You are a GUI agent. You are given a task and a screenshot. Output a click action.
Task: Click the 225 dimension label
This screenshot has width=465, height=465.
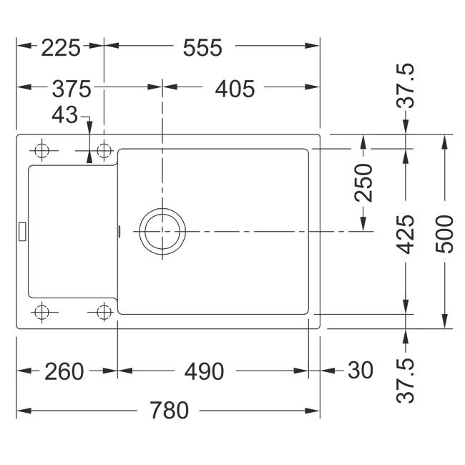point(61,48)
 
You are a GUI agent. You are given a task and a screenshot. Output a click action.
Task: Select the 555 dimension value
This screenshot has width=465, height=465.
point(202,48)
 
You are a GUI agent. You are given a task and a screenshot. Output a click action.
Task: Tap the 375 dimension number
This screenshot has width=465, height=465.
point(72,89)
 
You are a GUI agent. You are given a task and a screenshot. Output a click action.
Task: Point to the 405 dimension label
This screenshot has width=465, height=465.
point(235,89)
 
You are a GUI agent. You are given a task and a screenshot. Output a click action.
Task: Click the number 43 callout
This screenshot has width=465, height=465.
point(64,115)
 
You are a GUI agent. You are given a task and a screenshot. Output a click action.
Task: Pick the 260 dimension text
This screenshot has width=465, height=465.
point(64,371)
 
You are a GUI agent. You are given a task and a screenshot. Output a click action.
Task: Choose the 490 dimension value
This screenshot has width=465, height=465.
point(204,371)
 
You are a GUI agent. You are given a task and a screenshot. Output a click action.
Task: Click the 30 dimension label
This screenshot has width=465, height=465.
point(361,370)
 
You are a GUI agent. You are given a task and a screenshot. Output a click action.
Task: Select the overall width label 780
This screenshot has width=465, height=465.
point(169,411)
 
